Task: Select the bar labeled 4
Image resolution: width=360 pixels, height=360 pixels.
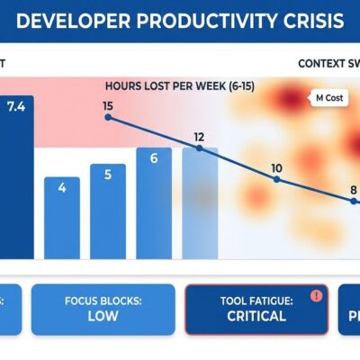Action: tap(62, 216)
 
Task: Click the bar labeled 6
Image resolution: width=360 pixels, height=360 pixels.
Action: tap(154, 200)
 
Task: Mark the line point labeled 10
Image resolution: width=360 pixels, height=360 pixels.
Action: tap(276, 181)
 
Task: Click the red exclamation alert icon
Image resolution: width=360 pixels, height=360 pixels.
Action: tap(315, 294)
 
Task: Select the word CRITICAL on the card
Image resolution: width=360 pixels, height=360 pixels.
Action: tap(256, 316)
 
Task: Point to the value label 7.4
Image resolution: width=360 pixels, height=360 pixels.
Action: tap(16, 106)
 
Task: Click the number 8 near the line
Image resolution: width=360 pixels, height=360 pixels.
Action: tap(354, 190)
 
